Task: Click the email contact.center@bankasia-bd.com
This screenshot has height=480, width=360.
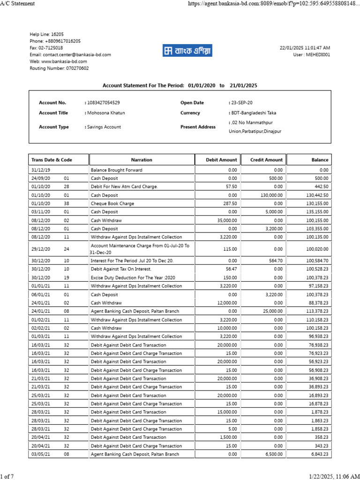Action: click(x=70, y=54)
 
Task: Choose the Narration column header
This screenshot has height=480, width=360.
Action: click(x=142, y=160)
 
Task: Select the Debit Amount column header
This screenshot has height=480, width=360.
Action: click(x=222, y=160)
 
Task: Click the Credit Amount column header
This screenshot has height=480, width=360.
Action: click(x=266, y=160)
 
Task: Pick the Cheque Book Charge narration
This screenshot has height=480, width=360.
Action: click(x=112, y=203)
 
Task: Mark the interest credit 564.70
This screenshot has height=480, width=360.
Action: click(x=276, y=261)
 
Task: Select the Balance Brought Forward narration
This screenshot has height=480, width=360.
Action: click(x=116, y=170)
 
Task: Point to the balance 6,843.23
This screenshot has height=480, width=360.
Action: click(x=319, y=454)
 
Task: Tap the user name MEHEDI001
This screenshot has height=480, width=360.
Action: click(x=318, y=54)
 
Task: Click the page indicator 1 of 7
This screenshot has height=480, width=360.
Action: click(x=7, y=476)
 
